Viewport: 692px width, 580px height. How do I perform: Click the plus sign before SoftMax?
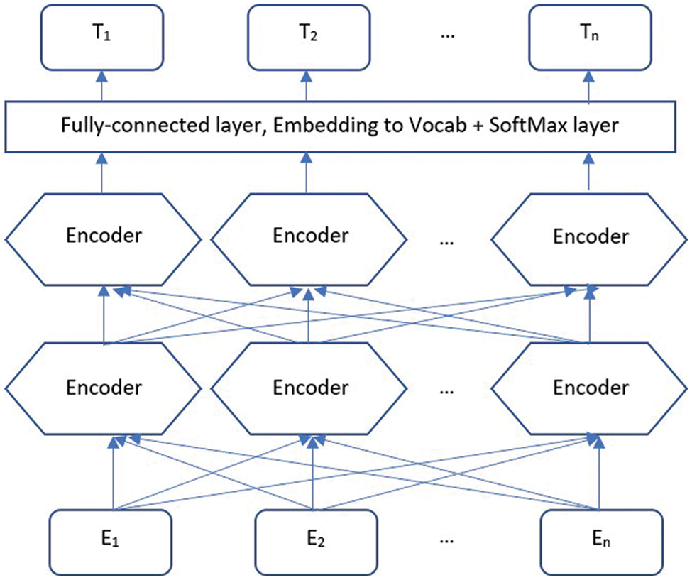point(477,126)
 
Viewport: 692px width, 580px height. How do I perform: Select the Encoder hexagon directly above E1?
point(104,388)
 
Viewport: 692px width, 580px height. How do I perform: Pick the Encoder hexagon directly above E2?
point(311,388)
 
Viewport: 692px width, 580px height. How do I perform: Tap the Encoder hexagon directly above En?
point(591,388)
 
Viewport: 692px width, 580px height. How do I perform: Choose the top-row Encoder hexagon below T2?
point(311,236)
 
